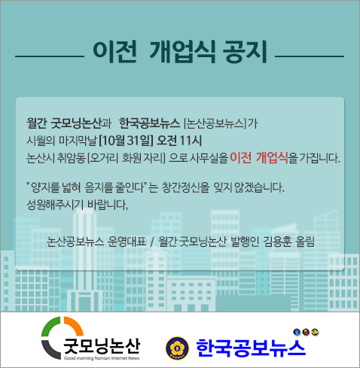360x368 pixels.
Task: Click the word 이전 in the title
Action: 115,51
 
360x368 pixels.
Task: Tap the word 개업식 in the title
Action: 182,51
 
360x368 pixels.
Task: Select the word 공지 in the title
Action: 245,51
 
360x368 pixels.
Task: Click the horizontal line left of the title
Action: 50,56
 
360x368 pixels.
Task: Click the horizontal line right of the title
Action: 310,56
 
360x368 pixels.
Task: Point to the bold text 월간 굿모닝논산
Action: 65,123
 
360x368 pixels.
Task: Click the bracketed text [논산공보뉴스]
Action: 215,123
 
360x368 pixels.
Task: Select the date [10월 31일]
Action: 126,141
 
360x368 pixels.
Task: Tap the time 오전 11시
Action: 179,141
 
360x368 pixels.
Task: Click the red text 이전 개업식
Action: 259,158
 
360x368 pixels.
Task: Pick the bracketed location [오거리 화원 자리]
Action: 127,158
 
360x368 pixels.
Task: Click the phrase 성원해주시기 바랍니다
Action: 78,205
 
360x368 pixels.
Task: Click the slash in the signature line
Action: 152,242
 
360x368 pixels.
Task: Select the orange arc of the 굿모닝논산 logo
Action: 74,325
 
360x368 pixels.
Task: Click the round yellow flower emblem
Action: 177,348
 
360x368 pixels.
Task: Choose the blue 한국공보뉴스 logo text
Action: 251,348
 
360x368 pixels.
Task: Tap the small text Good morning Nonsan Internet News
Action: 102,358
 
